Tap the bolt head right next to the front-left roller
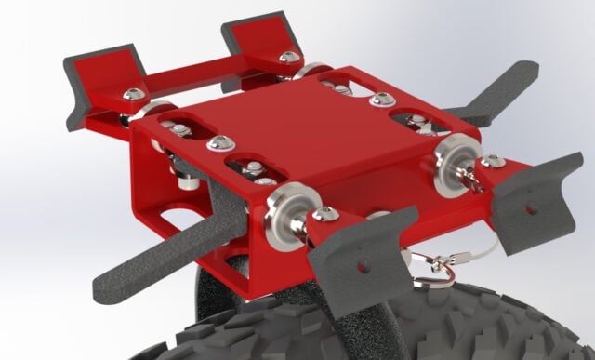point(324,215)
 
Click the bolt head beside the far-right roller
point(493,162)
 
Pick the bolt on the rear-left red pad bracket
point(134,94)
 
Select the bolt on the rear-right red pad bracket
point(289,57)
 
